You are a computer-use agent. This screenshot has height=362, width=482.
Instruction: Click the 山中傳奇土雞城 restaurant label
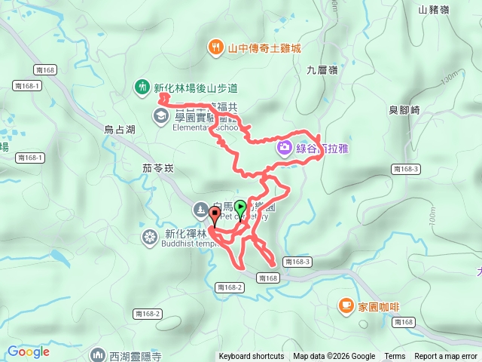265,48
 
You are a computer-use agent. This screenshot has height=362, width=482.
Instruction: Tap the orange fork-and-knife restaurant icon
216,48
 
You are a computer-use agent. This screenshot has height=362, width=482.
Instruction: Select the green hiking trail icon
141,87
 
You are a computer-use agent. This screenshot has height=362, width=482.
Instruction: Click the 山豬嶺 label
433,10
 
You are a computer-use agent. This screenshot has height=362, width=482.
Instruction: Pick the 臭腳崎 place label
404,110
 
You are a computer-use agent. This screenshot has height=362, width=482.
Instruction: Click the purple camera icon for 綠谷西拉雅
285,146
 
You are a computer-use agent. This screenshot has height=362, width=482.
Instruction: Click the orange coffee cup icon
346,305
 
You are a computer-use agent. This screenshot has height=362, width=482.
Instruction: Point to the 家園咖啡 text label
379,307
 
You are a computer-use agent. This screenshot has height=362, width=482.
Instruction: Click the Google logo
28,351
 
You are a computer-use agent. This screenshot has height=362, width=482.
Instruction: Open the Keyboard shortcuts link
252,357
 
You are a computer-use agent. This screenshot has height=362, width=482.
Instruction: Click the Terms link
395,357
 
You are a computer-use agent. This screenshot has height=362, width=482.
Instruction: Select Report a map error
446,357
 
